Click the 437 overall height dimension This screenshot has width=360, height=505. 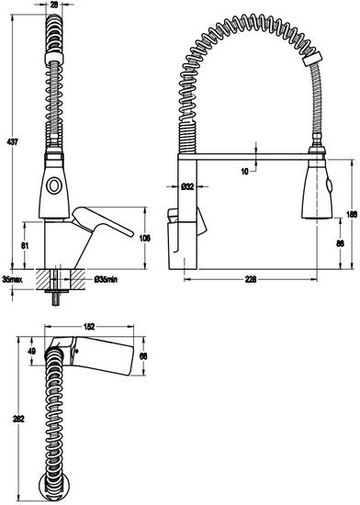13,141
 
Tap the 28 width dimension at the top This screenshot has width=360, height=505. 54,5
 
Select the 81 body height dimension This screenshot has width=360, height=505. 25,245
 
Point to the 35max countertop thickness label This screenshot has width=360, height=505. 12,279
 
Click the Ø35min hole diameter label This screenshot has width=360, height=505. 106,279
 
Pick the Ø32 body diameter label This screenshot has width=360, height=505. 187,186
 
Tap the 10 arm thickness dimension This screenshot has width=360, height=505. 245,172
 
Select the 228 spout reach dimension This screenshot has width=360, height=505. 251,279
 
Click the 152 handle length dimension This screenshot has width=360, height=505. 89,327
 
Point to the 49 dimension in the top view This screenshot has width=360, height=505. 31,351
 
